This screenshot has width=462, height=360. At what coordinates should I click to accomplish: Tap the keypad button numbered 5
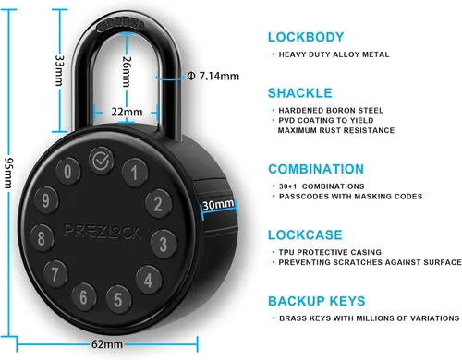[118, 299]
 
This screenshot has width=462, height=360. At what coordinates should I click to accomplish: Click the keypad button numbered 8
[42, 238]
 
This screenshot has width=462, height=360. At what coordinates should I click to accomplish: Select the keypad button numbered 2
[158, 204]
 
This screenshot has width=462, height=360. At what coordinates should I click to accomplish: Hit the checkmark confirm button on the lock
[101, 161]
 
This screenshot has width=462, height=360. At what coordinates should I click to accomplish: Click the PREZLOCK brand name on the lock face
[103, 232]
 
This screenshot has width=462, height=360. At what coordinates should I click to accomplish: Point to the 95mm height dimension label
[8, 173]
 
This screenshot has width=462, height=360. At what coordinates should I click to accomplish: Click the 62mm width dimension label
[107, 344]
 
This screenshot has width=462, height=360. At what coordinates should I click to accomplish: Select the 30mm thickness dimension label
[218, 204]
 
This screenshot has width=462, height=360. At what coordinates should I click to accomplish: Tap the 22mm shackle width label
[127, 112]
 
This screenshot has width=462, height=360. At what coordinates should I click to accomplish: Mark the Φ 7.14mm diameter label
[213, 76]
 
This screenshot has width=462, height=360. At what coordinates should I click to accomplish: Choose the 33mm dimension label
[59, 70]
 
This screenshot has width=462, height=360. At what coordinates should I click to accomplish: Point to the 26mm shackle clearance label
[127, 71]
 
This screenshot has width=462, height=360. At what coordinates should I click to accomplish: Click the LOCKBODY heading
[306, 37]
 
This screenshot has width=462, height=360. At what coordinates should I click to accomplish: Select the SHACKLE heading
[300, 93]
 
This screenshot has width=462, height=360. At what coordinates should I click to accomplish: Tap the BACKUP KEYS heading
[317, 301]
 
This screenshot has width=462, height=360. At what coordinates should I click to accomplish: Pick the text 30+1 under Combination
[288, 186]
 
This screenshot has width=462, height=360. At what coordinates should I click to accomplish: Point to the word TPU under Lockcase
[286, 252]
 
